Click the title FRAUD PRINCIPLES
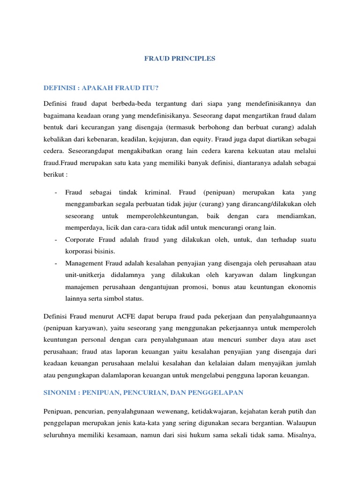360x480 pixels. [x=180, y=59]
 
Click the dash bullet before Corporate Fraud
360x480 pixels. [x=56, y=240]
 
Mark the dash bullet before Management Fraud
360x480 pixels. [x=56, y=263]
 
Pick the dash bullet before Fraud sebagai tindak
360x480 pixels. [x=56, y=192]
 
